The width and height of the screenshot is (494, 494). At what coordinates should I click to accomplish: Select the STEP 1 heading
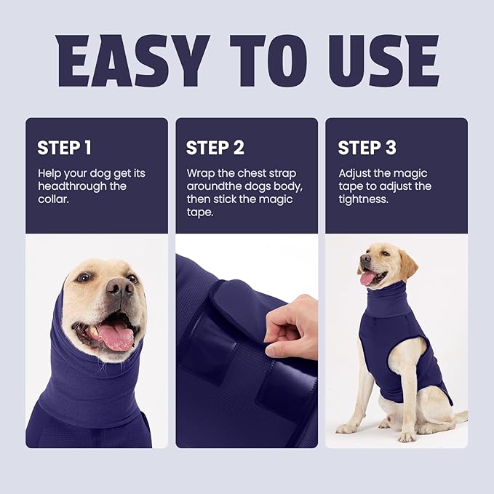64,148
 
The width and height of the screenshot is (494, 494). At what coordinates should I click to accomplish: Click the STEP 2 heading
215,148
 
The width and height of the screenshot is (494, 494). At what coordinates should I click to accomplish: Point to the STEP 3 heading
367,148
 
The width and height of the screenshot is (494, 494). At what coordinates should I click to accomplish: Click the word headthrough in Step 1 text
65,186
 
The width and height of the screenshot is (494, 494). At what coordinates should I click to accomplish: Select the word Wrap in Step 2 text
200,174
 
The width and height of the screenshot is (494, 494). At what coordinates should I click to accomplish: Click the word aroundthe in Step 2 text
210,186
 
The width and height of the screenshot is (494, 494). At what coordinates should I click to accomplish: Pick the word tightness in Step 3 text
362,199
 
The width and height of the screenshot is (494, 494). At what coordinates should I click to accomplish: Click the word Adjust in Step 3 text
355,174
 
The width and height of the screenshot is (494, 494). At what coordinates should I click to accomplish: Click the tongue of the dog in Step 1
116,336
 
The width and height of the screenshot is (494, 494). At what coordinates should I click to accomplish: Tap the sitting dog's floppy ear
408,266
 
